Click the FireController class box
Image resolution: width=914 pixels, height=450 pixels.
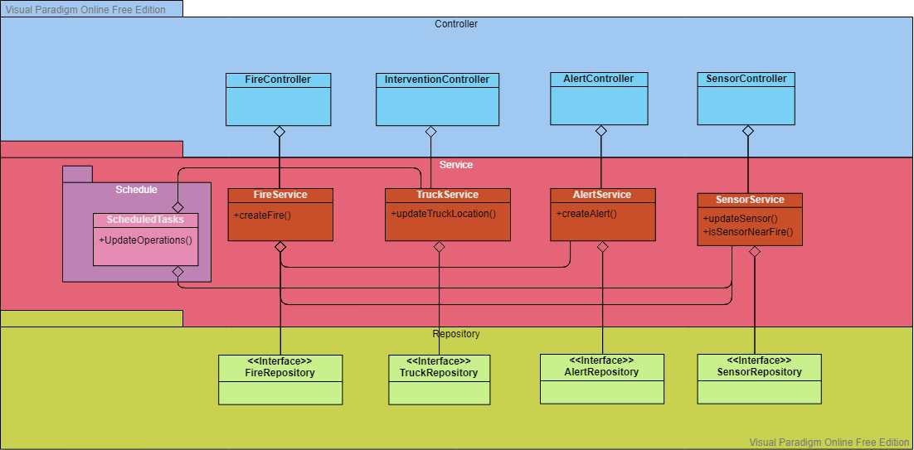click(x=279, y=99)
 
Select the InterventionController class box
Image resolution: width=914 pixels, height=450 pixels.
click(x=437, y=99)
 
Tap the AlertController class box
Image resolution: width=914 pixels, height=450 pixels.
click(x=600, y=99)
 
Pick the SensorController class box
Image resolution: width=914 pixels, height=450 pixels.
click(x=746, y=99)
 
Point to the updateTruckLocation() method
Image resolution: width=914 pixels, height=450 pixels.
click(x=444, y=214)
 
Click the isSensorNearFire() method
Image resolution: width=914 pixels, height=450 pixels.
click(x=748, y=232)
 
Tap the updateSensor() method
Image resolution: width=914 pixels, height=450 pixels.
click(x=740, y=219)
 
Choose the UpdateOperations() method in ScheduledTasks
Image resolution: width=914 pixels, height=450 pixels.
click(x=145, y=240)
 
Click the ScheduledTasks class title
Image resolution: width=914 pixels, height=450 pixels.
click(x=146, y=220)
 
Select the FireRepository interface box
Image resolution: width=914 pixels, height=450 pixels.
click(x=280, y=380)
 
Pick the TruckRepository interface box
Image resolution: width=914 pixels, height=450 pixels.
click(x=439, y=380)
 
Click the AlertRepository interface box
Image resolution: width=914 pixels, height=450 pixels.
click(x=601, y=379)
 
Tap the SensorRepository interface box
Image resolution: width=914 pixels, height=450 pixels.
click(x=759, y=379)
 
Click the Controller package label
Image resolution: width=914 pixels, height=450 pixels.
click(x=456, y=24)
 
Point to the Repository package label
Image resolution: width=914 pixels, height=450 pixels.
click(x=456, y=334)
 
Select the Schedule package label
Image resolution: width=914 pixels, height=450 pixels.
click(x=136, y=190)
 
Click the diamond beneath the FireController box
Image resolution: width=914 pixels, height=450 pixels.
click(x=280, y=131)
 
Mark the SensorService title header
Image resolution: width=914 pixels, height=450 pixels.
click(x=750, y=200)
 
